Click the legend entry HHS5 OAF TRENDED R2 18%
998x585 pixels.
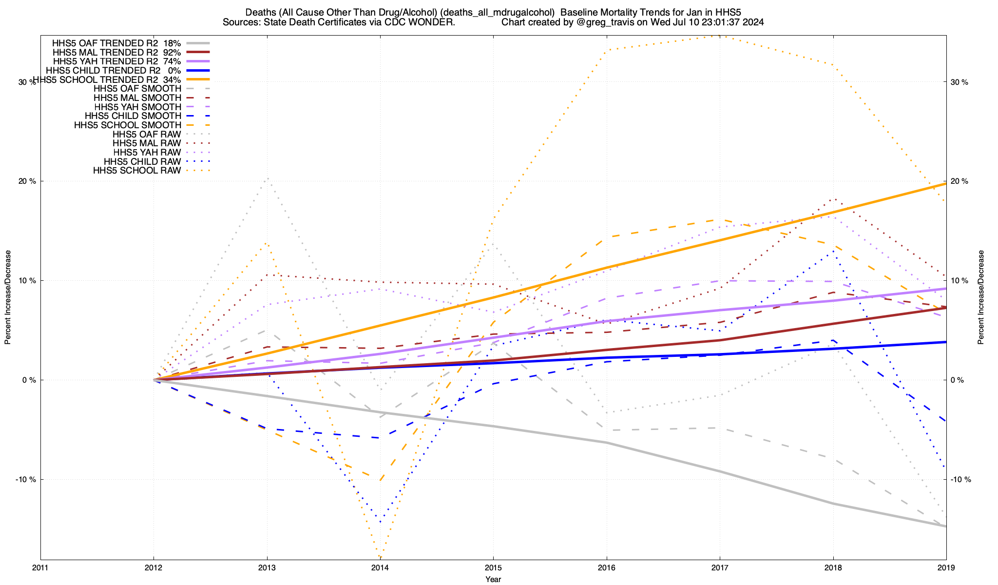pyautogui.click(x=116, y=43)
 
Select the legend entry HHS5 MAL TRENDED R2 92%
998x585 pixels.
pyautogui.click(x=116, y=52)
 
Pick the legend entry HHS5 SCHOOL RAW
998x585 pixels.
pyautogui.click(x=137, y=171)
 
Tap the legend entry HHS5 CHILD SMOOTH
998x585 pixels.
pyautogui.click(x=133, y=116)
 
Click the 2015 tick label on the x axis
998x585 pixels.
pyautogui.click(x=493, y=568)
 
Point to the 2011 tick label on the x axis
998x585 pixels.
pyautogui.click(x=40, y=568)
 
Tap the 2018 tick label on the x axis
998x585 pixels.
pyautogui.click(x=833, y=568)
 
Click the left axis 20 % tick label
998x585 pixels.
pyautogui.click(x=27, y=181)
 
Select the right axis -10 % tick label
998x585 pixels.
pyautogui.click(x=961, y=479)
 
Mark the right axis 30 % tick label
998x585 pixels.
pyautogui.click(x=959, y=82)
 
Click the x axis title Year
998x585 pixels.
pyautogui.click(x=493, y=579)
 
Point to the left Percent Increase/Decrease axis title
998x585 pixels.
pyautogui.click(x=8, y=297)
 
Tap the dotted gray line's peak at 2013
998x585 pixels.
pyautogui.click(x=267, y=178)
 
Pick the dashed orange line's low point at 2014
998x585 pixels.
pyautogui.click(x=380, y=481)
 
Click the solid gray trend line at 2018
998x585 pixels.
pyautogui.click(x=833, y=504)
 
